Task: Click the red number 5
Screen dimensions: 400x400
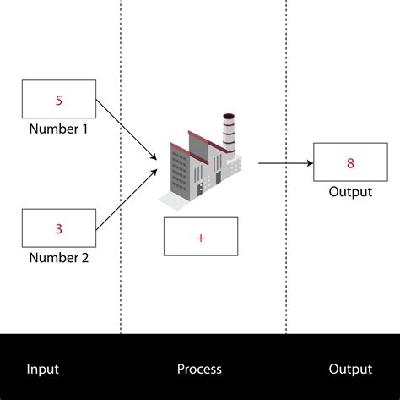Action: [x=59, y=101]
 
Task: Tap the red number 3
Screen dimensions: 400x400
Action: [x=59, y=228]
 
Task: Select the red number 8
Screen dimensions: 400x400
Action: [x=350, y=162]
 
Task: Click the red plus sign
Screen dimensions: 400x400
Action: [x=201, y=238]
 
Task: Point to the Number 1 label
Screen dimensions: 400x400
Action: [x=59, y=129]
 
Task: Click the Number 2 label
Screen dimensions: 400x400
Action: [x=59, y=259]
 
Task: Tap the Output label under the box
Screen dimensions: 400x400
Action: [x=350, y=192]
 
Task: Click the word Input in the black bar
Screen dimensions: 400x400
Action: [x=43, y=369]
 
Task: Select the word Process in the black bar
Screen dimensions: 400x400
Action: [x=199, y=369]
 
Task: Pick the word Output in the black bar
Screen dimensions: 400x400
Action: [x=350, y=369]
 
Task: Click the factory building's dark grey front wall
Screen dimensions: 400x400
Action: [x=180, y=173]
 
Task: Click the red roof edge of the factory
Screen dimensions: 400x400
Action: [x=186, y=151]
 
